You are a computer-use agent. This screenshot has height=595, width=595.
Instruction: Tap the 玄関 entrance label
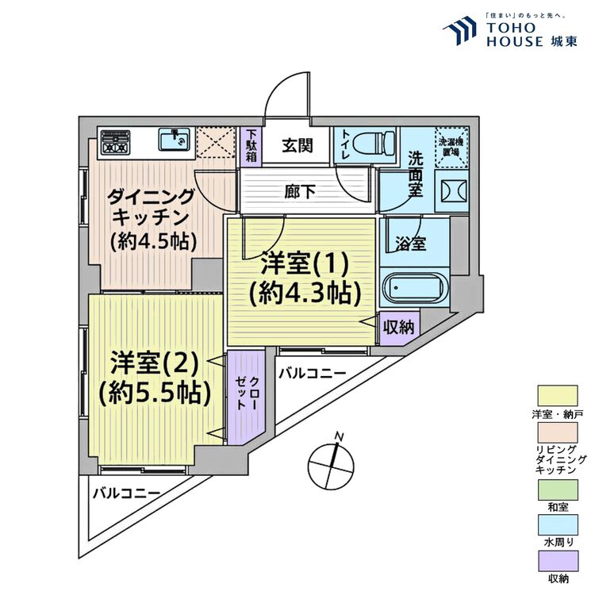coord(296,145)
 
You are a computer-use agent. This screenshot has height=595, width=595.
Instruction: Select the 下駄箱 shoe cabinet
coord(251,145)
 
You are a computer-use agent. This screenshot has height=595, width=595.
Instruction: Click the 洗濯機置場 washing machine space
coord(455,146)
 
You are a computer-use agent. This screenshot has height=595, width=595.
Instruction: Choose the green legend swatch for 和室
coord(559,493)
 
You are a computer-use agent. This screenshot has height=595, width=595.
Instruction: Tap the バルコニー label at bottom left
coord(126,493)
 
